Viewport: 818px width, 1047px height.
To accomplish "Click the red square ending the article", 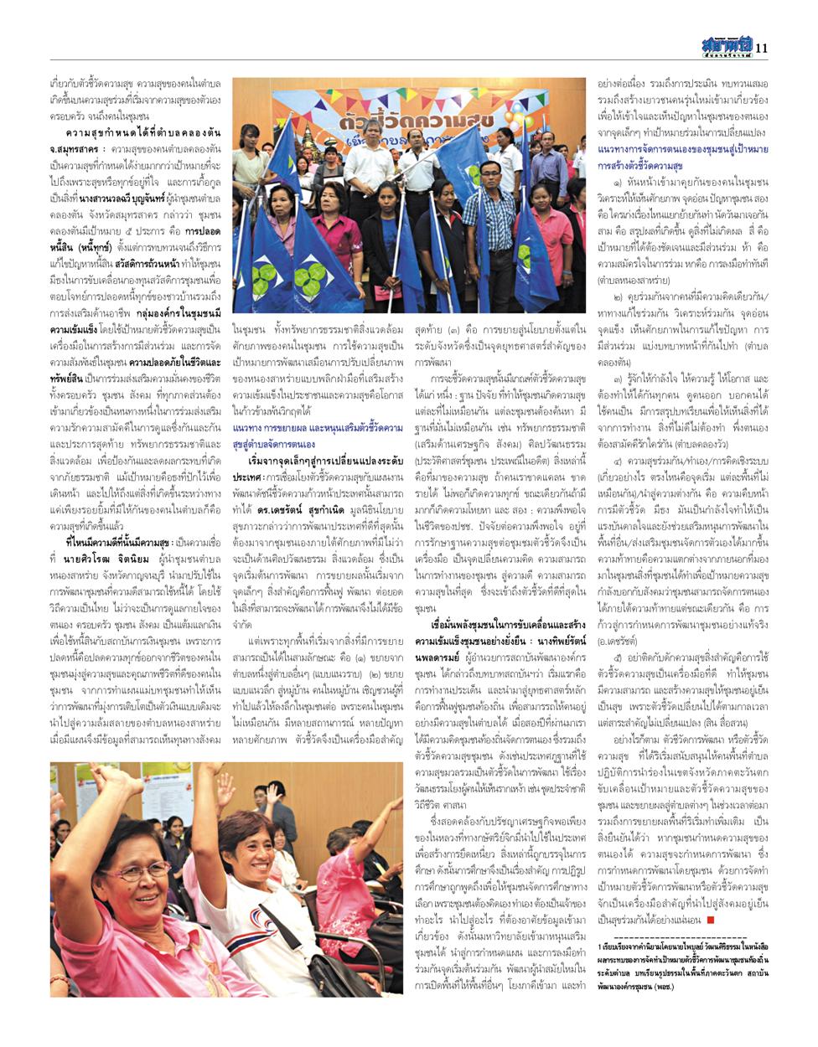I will (710, 919).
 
